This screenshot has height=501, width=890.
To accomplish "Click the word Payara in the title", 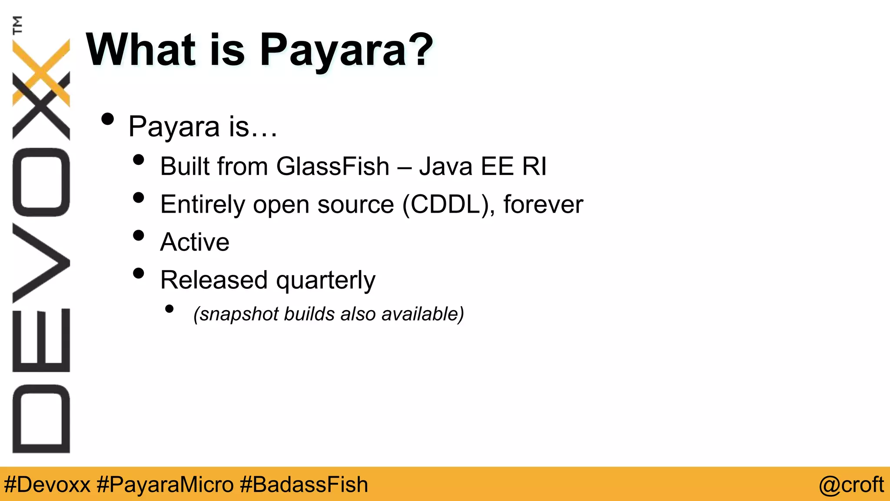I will [x=333, y=50].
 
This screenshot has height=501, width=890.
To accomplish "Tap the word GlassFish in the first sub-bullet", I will [x=333, y=166].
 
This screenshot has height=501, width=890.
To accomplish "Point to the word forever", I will [x=543, y=204].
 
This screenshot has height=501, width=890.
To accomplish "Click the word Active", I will [x=195, y=242].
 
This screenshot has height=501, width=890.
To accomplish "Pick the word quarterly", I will [x=325, y=281].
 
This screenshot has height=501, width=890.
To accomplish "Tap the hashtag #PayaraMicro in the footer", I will [x=165, y=484].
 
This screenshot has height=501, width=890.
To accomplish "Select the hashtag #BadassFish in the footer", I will [x=304, y=484].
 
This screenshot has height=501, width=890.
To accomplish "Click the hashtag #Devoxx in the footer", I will [x=47, y=484].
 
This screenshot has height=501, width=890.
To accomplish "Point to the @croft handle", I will [x=851, y=484].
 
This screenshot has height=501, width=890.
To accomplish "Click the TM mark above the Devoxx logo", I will [x=17, y=25].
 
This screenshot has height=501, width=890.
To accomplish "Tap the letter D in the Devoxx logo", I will [x=41, y=418].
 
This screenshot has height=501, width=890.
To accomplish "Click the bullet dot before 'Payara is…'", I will [x=107, y=119].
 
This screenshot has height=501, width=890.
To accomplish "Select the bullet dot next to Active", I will [x=139, y=236].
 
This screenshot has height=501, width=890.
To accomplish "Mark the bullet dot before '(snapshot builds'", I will [x=169, y=309].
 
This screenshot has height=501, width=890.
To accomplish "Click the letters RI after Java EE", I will [x=534, y=166].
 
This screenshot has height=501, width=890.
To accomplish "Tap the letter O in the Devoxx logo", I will [x=41, y=182].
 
